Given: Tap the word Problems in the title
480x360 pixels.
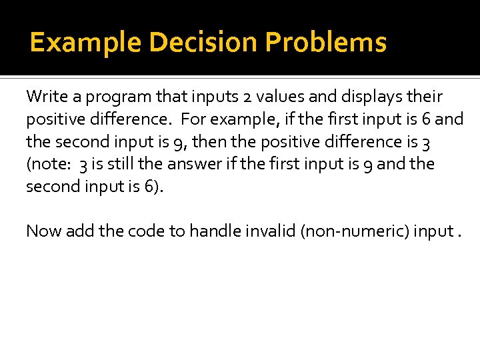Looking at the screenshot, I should [x=326, y=43].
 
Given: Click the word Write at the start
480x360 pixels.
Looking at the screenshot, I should [x=45, y=97].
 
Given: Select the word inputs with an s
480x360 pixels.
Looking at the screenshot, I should [x=211, y=97].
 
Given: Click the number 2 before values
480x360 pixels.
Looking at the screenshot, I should [x=247, y=97].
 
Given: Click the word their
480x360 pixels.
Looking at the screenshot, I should [x=425, y=97].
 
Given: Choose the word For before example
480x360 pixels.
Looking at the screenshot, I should [x=194, y=119].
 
